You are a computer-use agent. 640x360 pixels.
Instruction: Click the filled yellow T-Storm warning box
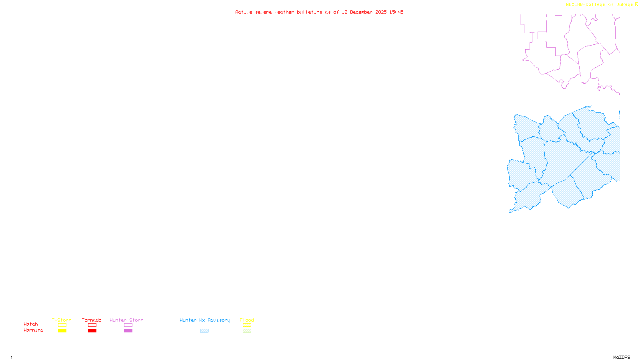62,331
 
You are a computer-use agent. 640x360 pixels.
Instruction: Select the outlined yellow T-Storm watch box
62,325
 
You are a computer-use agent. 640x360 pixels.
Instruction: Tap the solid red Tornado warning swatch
92,331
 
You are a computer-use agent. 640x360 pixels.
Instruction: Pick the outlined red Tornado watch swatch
92,325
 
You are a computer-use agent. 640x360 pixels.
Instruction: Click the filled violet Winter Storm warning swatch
128,331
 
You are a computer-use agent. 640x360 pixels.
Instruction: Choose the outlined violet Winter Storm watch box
128,325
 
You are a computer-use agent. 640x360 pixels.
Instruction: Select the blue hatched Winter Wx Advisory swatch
204,331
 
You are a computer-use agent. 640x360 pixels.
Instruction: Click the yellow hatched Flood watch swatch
247,325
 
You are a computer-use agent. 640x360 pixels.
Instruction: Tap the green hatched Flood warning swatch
247,331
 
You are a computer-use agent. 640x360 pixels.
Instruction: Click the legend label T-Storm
62,320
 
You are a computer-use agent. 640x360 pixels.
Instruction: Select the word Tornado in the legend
92,320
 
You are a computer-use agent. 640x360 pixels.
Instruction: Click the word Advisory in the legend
219,320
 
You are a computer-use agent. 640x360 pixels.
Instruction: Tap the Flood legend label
247,320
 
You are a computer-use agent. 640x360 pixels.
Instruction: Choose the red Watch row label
31,324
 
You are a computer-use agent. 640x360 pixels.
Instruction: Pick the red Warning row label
34,330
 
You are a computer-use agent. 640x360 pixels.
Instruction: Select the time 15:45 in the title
396,12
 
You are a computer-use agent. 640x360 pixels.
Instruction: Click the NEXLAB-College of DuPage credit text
599,4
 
